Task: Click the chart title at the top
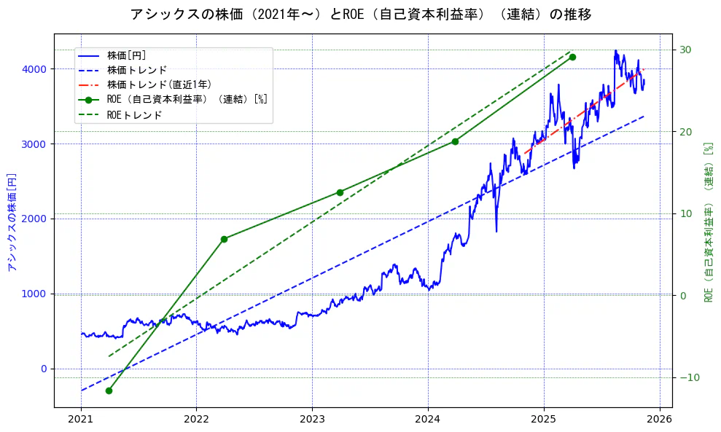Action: (360, 14)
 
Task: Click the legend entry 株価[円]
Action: (127, 55)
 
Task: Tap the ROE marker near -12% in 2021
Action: (109, 390)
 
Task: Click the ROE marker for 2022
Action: (224, 239)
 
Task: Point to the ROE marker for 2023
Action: (340, 192)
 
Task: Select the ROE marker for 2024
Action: (455, 141)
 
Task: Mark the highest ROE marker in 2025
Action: (572, 57)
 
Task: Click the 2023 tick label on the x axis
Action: (312, 420)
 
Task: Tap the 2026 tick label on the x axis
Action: (660, 420)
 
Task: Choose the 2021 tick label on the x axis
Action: (81, 420)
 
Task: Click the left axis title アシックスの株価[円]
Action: (12, 222)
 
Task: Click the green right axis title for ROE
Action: (708, 222)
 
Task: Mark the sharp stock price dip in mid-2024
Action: (496, 230)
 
